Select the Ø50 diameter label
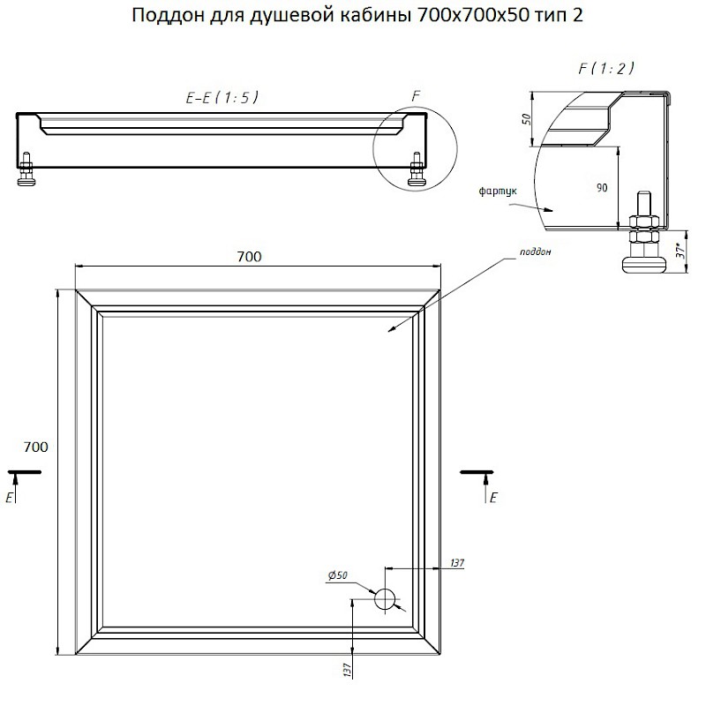(x=338, y=575)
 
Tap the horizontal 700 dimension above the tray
(x=249, y=256)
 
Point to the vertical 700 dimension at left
(x=35, y=447)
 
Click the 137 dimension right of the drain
(x=456, y=563)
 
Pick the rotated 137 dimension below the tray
(x=347, y=670)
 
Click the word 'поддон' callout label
(x=535, y=252)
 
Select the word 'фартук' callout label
(x=498, y=192)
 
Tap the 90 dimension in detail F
(x=602, y=188)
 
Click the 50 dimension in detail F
(x=527, y=119)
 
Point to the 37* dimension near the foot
(x=680, y=251)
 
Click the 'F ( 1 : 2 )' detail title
(x=606, y=69)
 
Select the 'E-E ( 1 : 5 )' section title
(x=222, y=97)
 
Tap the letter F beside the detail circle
(x=416, y=95)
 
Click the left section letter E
(x=9, y=498)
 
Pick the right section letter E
(x=493, y=498)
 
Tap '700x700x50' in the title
(x=473, y=15)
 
